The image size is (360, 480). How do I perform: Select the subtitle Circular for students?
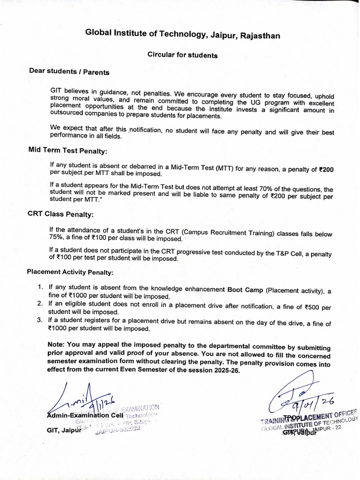pyautogui.click(x=182, y=55)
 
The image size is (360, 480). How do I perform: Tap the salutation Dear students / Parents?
pyautogui.click(x=69, y=72)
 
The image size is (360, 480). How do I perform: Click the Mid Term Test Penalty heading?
pyautogui.click(x=67, y=150)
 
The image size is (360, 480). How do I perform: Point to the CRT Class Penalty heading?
pyautogui.click(x=60, y=214)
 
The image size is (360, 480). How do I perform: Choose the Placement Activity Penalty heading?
pyautogui.click(x=70, y=272)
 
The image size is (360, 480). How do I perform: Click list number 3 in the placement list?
pyautogui.click(x=40, y=320)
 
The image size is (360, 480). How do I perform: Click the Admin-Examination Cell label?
pyautogui.click(x=85, y=415)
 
